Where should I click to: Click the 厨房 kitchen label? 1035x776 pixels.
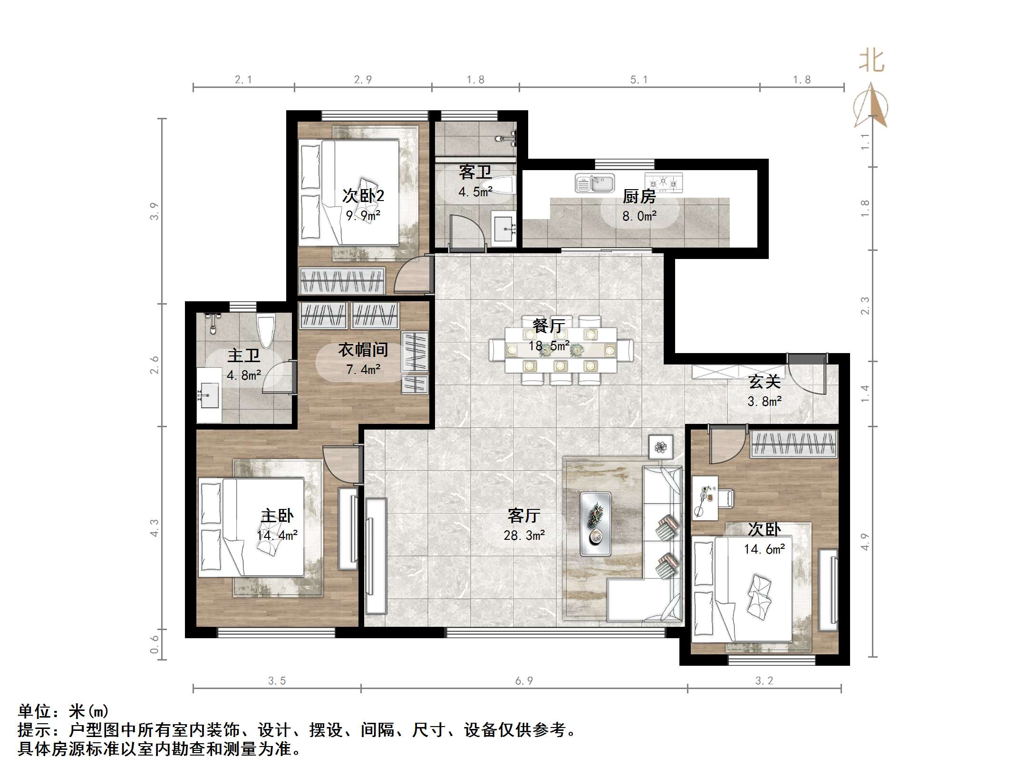[639, 196]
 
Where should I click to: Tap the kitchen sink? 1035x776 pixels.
[595, 183]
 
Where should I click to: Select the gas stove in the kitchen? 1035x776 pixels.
[664, 182]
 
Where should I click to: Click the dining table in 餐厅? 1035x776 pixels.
[561, 350]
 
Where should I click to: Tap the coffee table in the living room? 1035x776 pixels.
[595, 523]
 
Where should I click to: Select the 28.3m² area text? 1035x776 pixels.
[524, 536]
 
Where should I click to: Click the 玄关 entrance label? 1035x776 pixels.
[764, 382]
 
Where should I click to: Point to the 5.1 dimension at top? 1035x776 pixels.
[638, 80]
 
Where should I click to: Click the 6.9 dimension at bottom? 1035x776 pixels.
[524, 681]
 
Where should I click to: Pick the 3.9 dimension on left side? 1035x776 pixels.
[154, 211]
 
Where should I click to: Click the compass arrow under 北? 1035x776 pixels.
[871, 107]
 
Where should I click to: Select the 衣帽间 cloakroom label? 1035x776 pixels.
[363, 350]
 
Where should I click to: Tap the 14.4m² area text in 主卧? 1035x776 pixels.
[277, 536]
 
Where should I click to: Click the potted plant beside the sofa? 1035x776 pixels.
[660, 447]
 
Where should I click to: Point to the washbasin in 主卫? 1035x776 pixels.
[208, 395]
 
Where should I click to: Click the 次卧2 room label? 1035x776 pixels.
[363, 196]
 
